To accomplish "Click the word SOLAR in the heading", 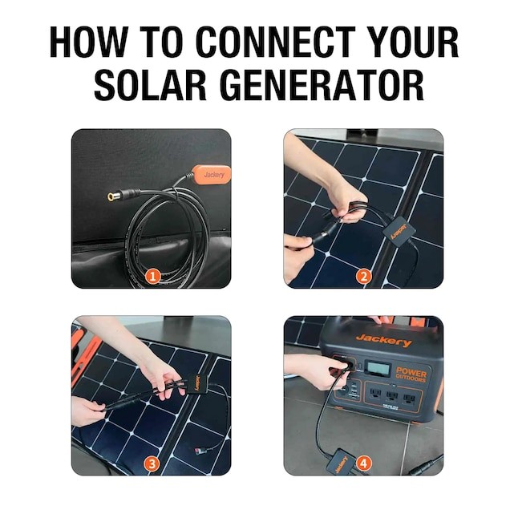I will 153,84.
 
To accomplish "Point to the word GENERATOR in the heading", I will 325,84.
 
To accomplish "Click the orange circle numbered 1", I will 153,277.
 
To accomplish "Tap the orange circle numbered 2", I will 365,277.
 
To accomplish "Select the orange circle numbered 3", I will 153,463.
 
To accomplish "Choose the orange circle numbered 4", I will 365,463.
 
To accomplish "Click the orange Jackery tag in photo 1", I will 214,173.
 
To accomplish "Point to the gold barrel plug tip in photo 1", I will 111,196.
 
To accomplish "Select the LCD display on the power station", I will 378,370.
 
